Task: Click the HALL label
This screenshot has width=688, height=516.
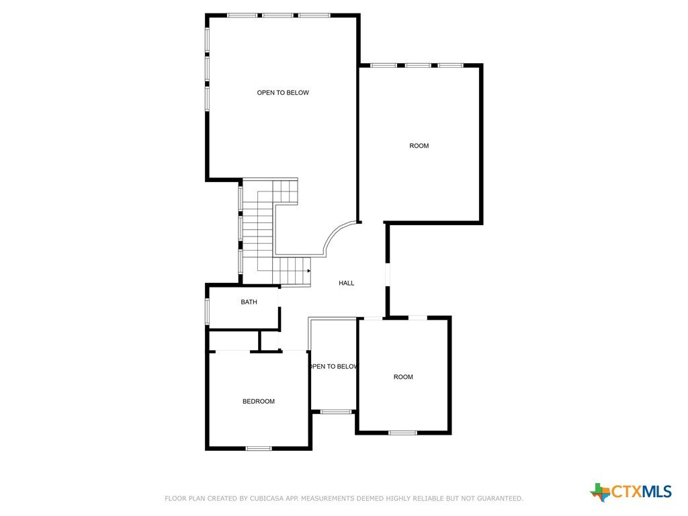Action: [x=346, y=283]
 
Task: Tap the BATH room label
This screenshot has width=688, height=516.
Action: [x=249, y=302]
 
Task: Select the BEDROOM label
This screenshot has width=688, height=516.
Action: [x=259, y=401]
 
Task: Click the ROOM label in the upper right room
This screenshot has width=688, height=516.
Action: [x=419, y=146]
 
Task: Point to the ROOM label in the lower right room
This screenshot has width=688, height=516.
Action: [x=403, y=377]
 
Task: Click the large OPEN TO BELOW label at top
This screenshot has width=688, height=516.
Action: [x=283, y=93]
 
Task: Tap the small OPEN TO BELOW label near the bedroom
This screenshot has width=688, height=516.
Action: [x=334, y=366]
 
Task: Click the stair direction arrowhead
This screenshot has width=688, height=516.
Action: [x=309, y=271]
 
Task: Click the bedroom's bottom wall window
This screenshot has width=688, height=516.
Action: [x=259, y=448]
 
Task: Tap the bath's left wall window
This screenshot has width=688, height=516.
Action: [x=208, y=311]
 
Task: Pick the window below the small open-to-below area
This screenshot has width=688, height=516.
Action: [x=336, y=412]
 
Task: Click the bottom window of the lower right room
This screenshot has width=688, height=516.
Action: [x=402, y=433]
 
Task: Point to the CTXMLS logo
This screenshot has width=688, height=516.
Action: [x=630, y=491]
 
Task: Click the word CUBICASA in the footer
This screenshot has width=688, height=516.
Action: [x=266, y=499]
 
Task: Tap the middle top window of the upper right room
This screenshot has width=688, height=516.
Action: [x=418, y=65]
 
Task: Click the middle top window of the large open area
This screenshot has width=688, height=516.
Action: [x=278, y=15]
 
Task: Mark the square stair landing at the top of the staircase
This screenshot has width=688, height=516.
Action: [x=285, y=191]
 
